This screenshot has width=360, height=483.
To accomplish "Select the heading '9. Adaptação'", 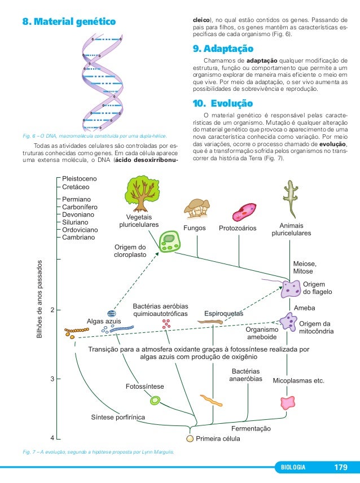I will point(223,49).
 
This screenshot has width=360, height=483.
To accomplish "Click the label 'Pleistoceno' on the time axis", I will point(80,179).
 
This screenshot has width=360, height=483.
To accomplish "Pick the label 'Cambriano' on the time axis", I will point(78,238).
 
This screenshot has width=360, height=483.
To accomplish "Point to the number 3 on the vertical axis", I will point(52,379).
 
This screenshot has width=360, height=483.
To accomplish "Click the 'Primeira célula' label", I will point(218,438).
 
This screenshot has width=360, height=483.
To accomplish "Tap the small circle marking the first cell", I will point(190,438).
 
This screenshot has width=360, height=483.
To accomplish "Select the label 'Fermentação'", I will point(251,429).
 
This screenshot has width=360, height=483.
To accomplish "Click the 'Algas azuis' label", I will point(103,321).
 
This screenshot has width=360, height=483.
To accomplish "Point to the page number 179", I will point(341,468).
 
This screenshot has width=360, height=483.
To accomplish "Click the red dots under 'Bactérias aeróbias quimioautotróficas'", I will point(166,324).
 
